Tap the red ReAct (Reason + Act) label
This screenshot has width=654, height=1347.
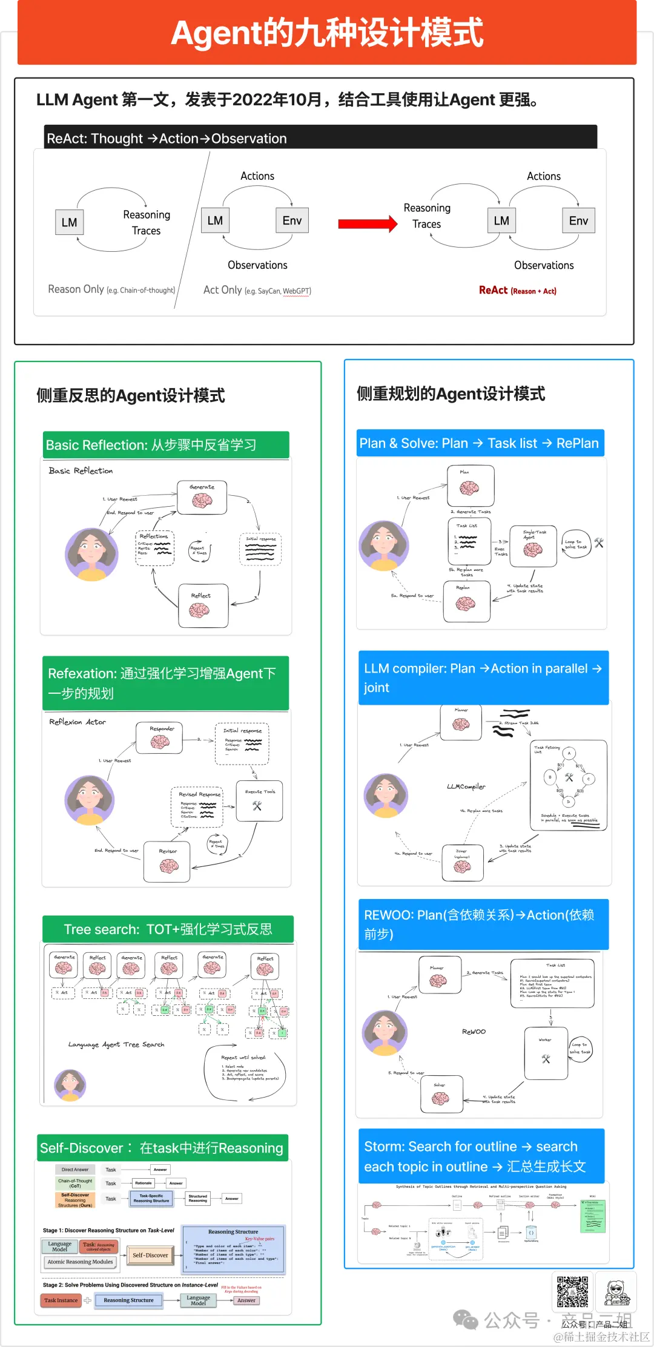click(517, 291)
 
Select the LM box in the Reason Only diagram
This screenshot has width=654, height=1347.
click(69, 222)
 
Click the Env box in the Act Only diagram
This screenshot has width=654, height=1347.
click(292, 220)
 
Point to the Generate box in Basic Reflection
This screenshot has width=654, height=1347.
click(202, 497)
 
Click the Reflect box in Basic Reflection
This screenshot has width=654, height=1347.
click(203, 605)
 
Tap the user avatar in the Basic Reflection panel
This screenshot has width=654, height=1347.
click(91, 554)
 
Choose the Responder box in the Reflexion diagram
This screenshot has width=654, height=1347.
click(160, 737)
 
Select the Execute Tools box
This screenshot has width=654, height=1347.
click(259, 801)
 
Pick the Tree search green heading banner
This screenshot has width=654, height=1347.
click(168, 929)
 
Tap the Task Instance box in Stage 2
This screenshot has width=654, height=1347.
click(61, 1300)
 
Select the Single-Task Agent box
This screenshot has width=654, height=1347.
click(533, 546)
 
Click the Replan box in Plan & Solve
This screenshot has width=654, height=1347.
click(466, 601)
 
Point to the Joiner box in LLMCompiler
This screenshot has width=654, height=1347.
click(462, 863)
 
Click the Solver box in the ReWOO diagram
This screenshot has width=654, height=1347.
click(441, 1094)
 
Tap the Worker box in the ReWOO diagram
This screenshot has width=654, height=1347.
click(546, 1053)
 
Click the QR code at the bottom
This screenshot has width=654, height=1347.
click(572, 1291)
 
